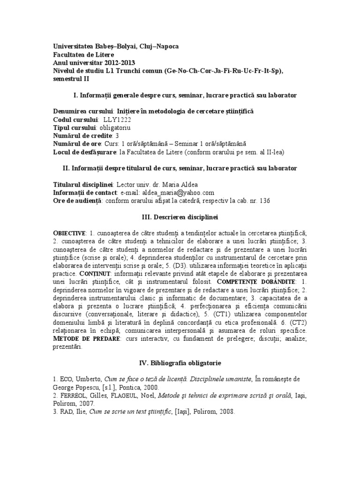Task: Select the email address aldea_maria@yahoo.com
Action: click(171, 193)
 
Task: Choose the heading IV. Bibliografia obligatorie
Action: click(180, 363)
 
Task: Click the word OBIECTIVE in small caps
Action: click(69, 233)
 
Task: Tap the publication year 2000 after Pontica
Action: click(150, 387)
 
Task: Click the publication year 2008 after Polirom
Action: click(224, 412)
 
